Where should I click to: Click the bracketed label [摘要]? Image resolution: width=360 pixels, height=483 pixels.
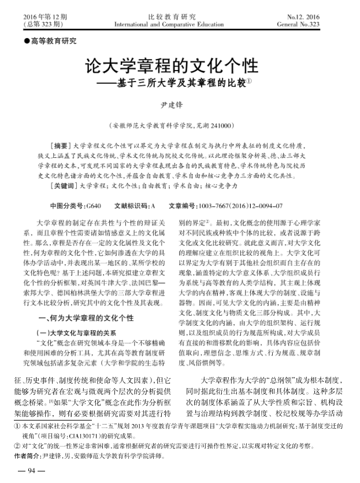[x=60, y=145]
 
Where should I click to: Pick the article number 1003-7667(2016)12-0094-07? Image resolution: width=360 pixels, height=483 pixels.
[x=240, y=205]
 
